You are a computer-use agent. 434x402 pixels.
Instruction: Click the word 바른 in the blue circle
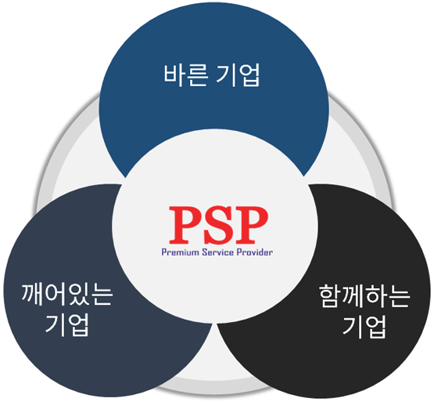186,75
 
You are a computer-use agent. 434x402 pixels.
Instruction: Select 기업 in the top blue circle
239,75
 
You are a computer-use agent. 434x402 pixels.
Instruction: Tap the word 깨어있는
67,294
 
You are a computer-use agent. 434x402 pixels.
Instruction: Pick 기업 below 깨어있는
67,324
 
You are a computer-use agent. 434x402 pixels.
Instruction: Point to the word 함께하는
364,295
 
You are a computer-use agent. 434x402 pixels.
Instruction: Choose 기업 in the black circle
364,327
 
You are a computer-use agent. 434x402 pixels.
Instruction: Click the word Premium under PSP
180,252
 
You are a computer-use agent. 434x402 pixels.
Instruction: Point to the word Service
218,252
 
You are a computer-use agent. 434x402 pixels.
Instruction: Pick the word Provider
255,252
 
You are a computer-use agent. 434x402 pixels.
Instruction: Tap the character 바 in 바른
174,75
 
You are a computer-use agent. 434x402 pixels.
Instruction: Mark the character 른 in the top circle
197,75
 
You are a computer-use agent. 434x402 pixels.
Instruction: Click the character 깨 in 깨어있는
33,294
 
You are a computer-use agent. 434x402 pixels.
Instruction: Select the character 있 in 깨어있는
78,294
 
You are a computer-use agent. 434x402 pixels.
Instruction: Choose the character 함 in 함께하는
330,295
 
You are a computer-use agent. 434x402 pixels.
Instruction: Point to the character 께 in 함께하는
353,295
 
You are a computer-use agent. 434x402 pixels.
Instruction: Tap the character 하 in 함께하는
375,295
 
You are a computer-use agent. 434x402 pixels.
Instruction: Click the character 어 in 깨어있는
56,294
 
